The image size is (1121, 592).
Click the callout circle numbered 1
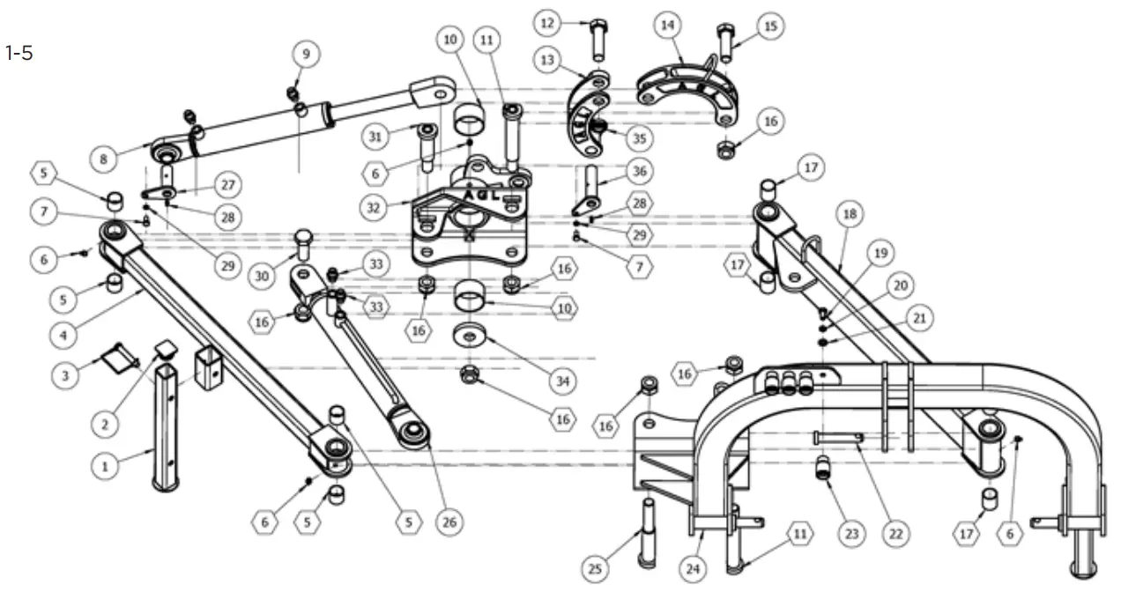(105, 465)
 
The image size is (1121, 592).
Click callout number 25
(596, 570)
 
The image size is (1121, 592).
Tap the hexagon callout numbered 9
(307, 54)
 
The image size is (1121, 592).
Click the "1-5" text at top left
(19, 54)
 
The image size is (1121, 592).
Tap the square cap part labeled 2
(164, 351)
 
